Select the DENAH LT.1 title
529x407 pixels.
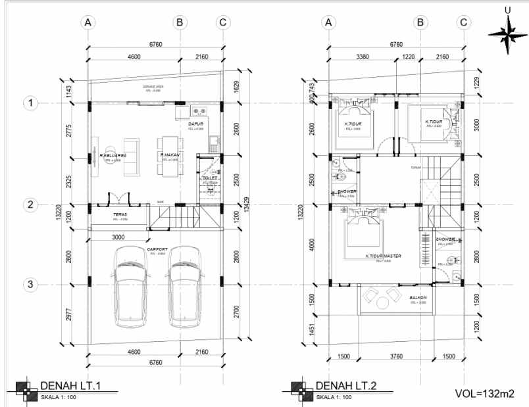tap(70, 385)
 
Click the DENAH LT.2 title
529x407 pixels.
tap(345, 385)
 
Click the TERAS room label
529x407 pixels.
tap(119, 214)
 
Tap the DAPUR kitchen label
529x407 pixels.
tap(195, 123)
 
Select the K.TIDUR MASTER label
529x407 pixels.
tap(383, 256)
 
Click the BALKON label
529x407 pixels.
tap(418, 297)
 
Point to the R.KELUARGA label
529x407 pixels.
tap(108, 155)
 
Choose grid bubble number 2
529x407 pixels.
tap(30, 204)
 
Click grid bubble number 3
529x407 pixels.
tap(30, 285)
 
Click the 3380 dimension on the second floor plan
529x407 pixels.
tap(361, 57)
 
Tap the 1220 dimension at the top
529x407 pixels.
tap(408, 57)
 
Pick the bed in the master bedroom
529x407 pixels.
tap(361, 230)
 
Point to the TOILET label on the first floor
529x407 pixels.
tap(210, 177)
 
